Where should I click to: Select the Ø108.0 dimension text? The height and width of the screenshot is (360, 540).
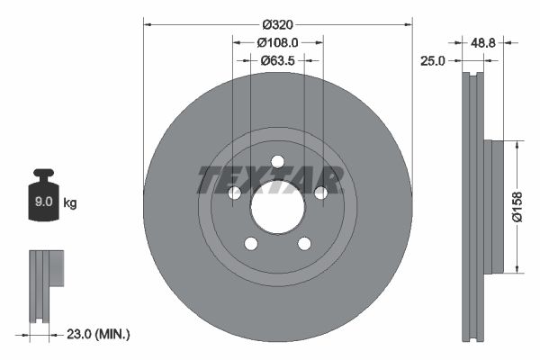(x=277, y=42)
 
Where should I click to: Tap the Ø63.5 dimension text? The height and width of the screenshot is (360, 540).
(x=277, y=61)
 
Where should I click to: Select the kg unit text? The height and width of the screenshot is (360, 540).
(x=70, y=203)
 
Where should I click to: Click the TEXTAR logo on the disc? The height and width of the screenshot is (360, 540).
(x=270, y=180)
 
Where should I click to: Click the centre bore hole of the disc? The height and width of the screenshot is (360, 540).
(x=277, y=206)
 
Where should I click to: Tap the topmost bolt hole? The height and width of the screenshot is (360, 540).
(x=277, y=161)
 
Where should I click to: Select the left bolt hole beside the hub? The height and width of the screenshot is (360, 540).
(x=234, y=193)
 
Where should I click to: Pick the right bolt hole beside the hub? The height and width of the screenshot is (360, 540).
(x=320, y=193)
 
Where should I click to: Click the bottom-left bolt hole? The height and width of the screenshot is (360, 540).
(x=251, y=243)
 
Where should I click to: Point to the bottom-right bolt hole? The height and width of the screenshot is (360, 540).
(x=304, y=243)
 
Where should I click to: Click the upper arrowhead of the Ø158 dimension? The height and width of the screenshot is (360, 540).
(x=517, y=144)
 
